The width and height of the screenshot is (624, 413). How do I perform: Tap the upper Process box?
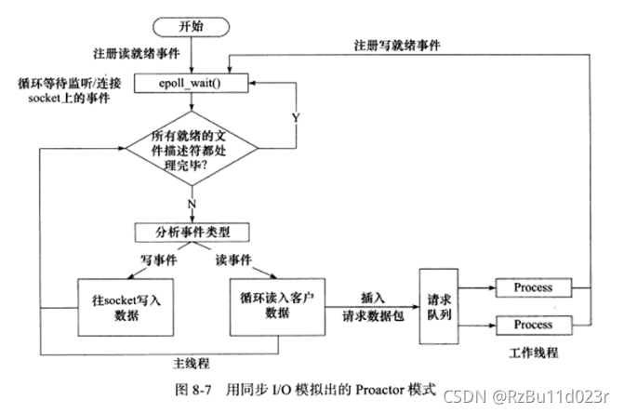pos(533,288)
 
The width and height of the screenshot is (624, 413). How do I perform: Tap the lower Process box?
pos(533,326)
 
